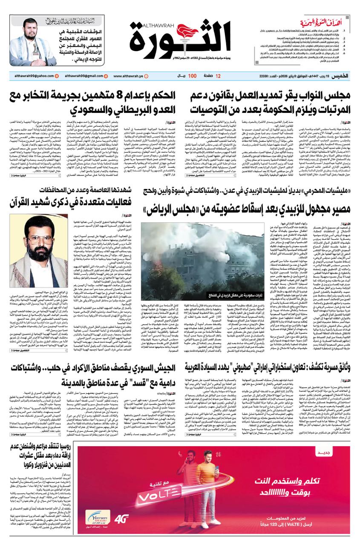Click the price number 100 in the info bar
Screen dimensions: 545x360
pos(192,76)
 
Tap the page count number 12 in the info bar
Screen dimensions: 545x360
pos(218,76)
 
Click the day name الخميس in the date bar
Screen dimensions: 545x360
pos(341,76)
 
